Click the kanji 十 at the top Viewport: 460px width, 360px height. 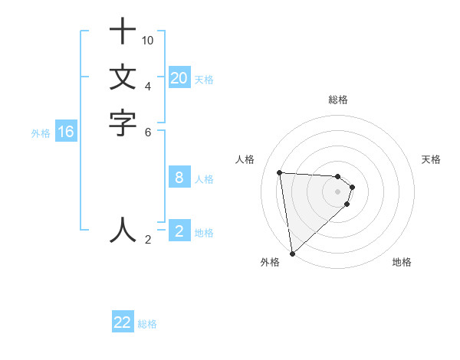click(123, 32)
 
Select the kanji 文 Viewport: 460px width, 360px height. click(123, 77)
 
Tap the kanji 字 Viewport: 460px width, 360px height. click(123, 123)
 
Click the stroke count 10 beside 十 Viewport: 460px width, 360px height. click(148, 40)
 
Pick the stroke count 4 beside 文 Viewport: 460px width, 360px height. click(148, 86)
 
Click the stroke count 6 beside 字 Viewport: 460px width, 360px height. click(148, 132)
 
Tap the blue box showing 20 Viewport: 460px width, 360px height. click(179, 78)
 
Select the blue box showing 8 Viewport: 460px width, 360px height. click(179, 178)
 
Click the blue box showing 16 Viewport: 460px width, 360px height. click(66, 133)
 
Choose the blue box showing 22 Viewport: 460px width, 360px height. click(123, 322)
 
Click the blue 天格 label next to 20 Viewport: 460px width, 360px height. click(204, 79)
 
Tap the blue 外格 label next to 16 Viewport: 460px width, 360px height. click(41, 133)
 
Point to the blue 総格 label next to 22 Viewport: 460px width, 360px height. click(147, 324)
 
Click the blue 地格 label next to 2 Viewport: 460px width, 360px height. click(204, 233)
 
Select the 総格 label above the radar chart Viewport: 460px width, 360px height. click(337, 100)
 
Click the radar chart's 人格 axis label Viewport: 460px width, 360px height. click(245, 159)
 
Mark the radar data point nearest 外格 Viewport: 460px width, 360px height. click(292, 253)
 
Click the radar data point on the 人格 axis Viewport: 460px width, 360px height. click(279, 172)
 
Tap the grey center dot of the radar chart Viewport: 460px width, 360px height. click(337, 191)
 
